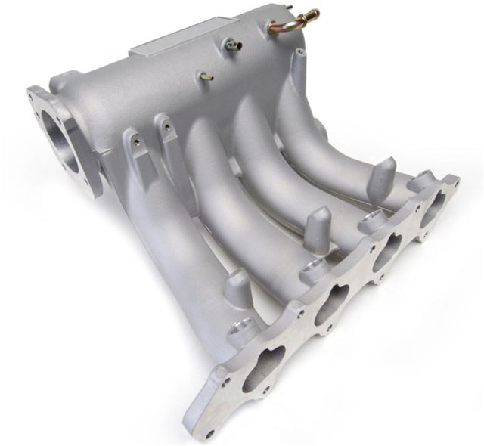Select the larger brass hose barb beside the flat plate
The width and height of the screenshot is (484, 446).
[230, 45]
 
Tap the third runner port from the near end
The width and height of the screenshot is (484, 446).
[386, 245]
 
